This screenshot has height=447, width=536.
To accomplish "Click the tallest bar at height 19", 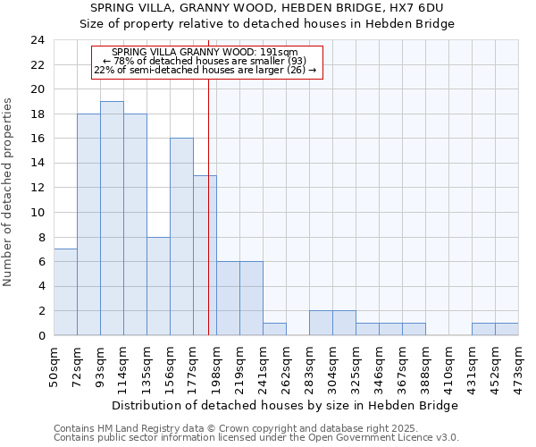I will coord(112,218).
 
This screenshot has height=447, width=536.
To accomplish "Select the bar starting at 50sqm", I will coord(65,292).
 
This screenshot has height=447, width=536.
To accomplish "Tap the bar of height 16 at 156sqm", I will coord(181,237).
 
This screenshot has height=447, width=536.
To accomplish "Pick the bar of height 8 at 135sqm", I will coord(158,286).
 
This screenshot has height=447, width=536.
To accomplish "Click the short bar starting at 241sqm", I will coord(274,329).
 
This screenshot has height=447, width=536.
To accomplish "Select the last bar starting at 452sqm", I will coord(507,329).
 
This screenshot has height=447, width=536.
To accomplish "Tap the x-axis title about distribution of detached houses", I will coord(286,406).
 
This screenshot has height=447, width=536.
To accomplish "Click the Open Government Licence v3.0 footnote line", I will coord(256,438).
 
